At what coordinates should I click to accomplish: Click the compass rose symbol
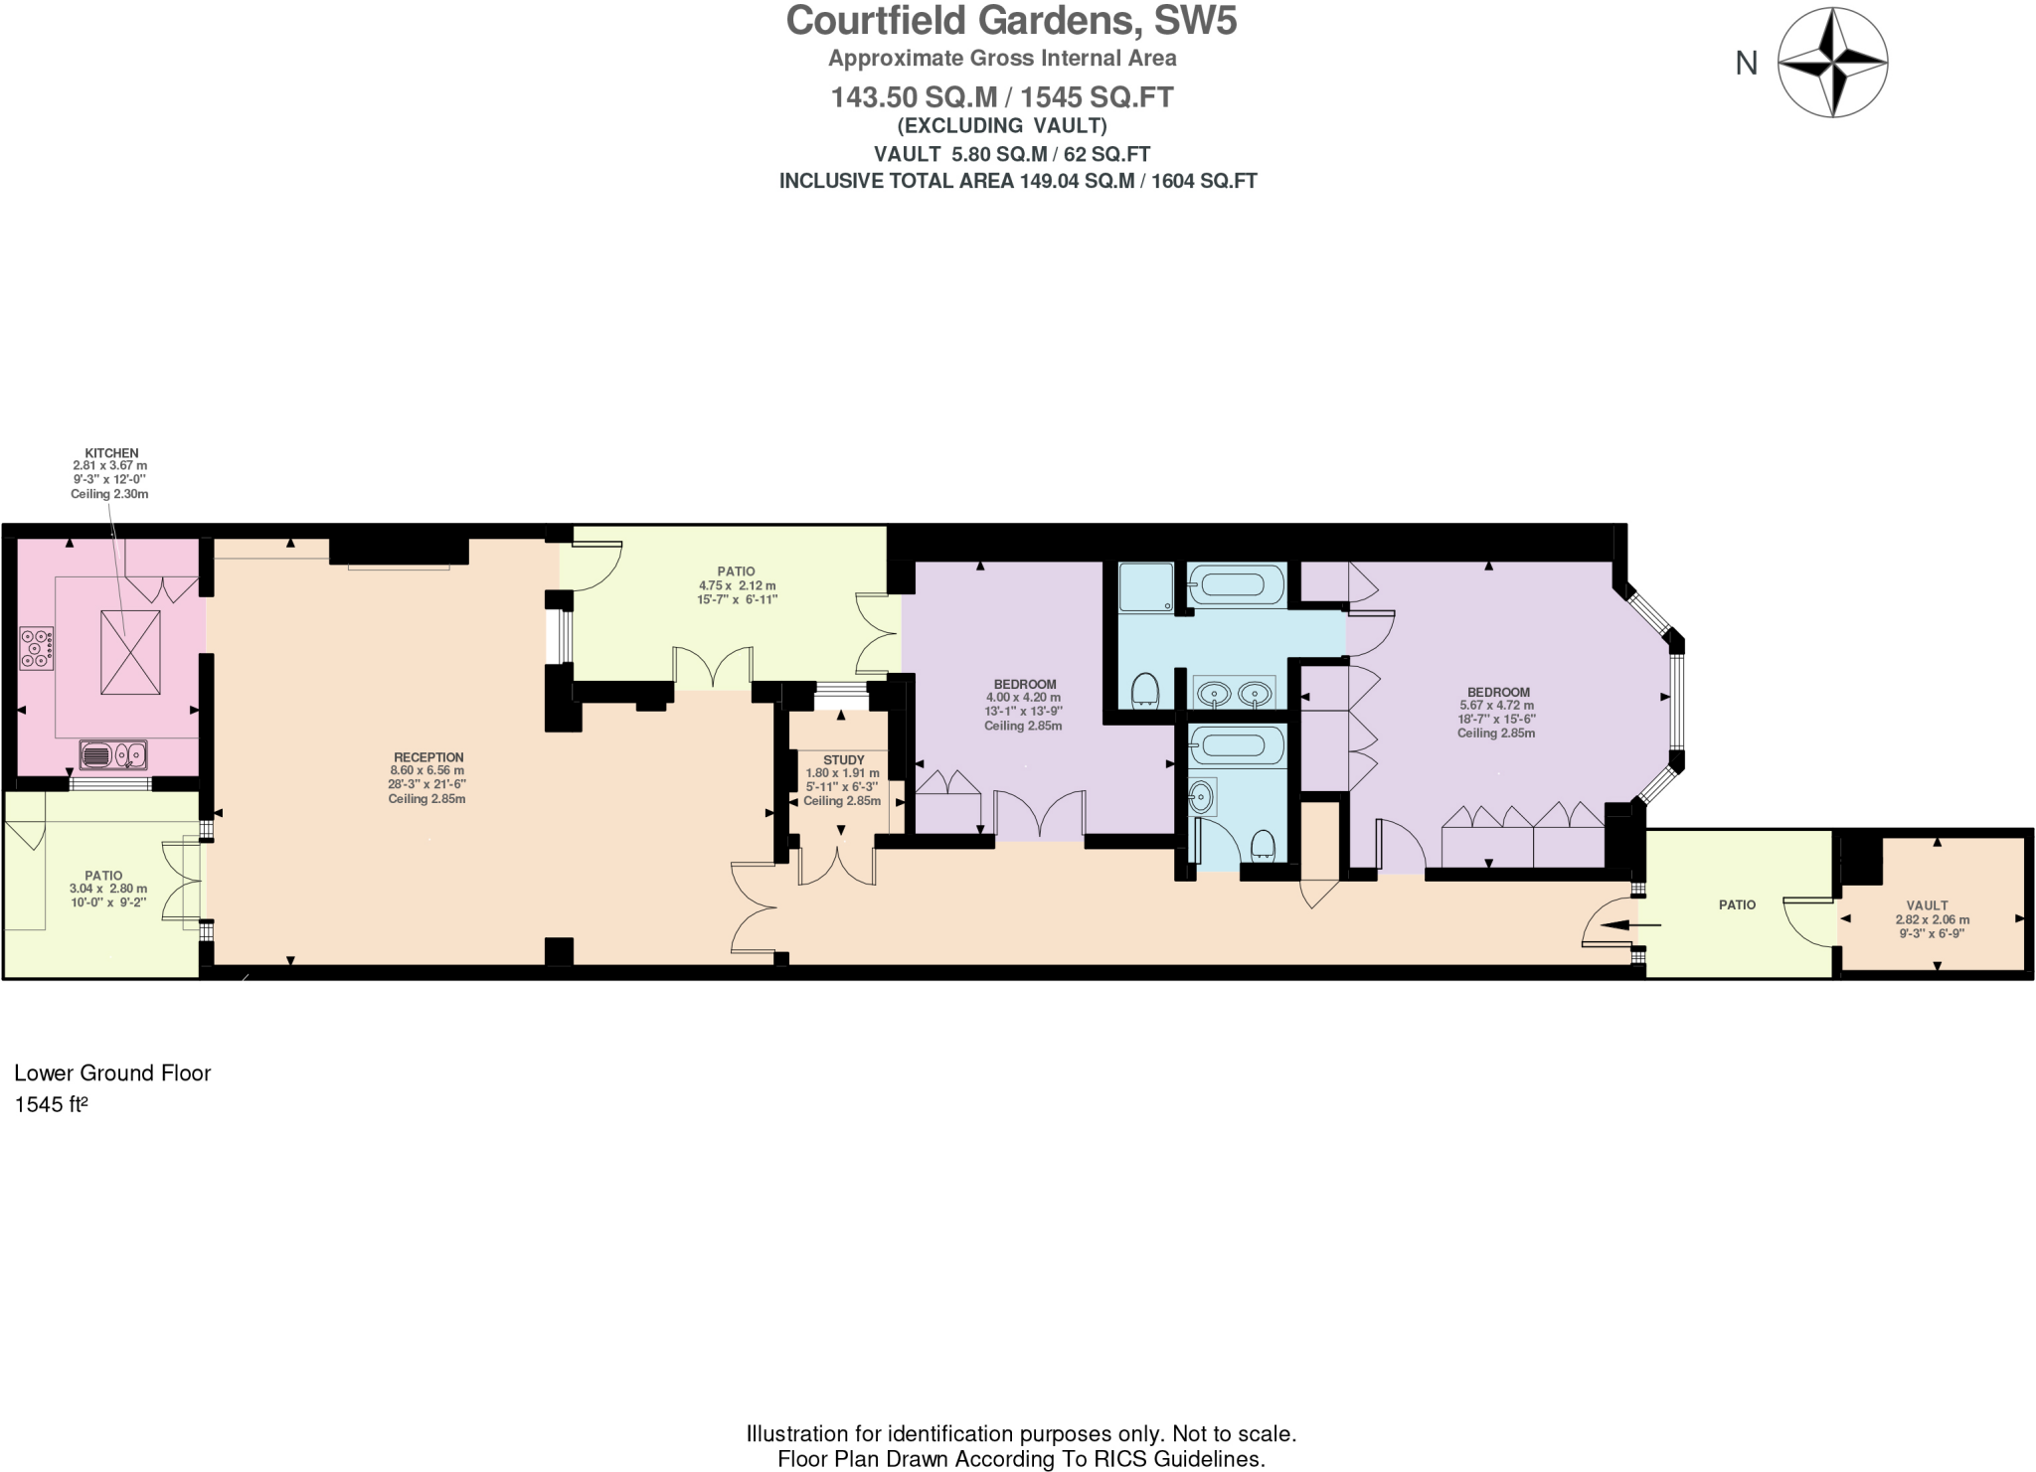click(x=1831, y=63)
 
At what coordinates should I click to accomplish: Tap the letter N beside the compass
click(x=1746, y=64)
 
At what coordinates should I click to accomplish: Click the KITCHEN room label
click(x=111, y=453)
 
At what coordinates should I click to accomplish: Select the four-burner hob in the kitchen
click(x=37, y=648)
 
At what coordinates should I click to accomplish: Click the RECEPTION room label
click(x=427, y=757)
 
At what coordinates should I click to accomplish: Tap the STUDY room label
click(x=843, y=759)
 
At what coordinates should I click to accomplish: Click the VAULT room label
click(x=1927, y=905)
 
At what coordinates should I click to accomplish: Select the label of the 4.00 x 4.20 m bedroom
click(x=1025, y=685)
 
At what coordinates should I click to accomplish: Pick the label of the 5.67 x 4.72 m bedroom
click(x=1498, y=693)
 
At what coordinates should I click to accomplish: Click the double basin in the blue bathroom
click(x=1234, y=693)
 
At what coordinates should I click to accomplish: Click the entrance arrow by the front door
click(x=1626, y=925)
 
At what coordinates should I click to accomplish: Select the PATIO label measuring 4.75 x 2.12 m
click(x=736, y=572)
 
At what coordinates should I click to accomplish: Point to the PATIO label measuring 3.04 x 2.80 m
click(x=103, y=876)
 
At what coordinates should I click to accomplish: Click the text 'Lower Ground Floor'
click(x=112, y=1073)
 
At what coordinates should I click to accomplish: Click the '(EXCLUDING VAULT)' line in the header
click(x=1002, y=126)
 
